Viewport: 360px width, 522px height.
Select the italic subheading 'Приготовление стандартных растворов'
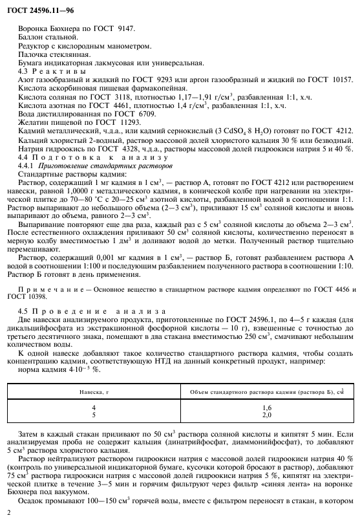point(106,165)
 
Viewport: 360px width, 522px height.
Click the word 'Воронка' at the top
point(34,29)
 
